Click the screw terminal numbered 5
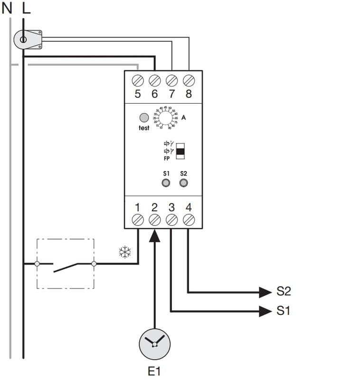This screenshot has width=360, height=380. [x=138, y=79]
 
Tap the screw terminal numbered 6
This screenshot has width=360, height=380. [x=155, y=79]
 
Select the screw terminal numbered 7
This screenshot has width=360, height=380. [x=172, y=79]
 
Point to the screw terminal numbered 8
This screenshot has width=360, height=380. [x=189, y=79]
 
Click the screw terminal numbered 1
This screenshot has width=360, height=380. [x=138, y=219]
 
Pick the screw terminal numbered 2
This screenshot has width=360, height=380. [x=155, y=219]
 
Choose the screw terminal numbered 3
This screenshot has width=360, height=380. [x=172, y=219]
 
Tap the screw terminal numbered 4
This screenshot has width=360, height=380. [x=189, y=219]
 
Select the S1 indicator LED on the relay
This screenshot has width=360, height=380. [x=166, y=183]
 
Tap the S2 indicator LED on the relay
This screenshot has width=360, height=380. [x=184, y=183]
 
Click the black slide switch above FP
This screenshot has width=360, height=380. [x=180, y=152]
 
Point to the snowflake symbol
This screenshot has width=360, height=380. [x=125, y=253]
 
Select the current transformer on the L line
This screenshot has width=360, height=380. [x=27, y=39]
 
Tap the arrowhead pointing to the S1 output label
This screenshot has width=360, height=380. [x=265, y=311]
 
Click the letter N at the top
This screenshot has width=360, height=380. [x=7, y=9]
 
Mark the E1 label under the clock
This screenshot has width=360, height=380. [x=154, y=370]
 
